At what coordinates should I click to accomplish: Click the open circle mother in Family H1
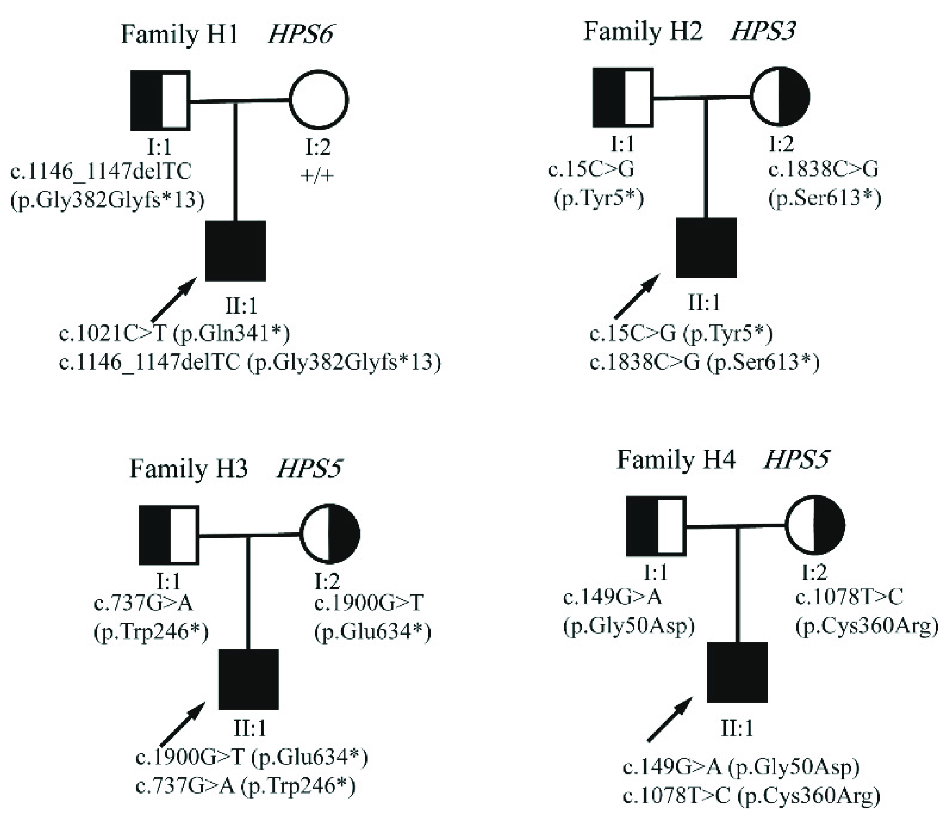[x=319, y=100]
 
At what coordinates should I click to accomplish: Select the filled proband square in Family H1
[x=236, y=251]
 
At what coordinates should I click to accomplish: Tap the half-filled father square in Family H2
[x=623, y=97]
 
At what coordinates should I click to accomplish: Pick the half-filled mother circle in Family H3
[x=330, y=534]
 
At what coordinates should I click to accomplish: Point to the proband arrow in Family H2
[x=637, y=296]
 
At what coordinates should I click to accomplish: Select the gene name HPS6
[x=300, y=34]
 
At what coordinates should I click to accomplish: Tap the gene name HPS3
[x=763, y=31]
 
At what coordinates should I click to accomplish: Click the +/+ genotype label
[x=317, y=176]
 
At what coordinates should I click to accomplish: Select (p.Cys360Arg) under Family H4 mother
[x=866, y=627]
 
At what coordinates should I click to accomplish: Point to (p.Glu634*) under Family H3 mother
[x=372, y=633]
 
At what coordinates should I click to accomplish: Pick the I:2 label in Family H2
[x=781, y=144]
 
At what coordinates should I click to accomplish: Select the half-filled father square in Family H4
[x=656, y=527]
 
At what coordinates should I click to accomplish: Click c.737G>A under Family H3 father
[x=143, y=603]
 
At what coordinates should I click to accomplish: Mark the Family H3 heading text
[x=188, y=468]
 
